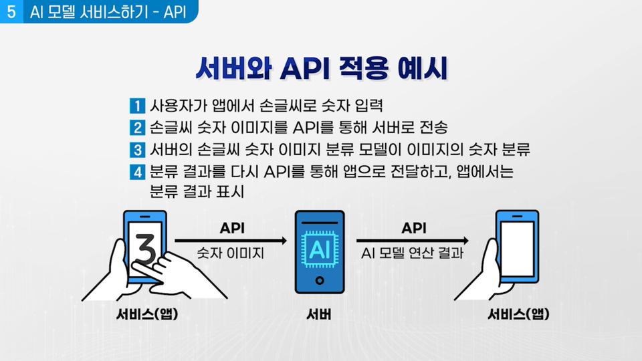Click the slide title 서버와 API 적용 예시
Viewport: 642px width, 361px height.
coord(320,69)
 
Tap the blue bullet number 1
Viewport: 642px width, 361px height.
coord(137,106)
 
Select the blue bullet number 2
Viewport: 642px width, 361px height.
coord(137,127)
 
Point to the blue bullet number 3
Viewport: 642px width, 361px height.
coord(137,148)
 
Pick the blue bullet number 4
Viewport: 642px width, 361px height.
coord(137,170)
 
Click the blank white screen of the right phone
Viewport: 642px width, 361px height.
coord(517,247)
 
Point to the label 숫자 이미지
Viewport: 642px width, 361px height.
coord(231,254)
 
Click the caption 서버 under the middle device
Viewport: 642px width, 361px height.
coord(319,314)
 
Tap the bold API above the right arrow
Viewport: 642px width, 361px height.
coord(414,228)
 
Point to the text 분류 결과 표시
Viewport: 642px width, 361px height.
coord(197,191)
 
